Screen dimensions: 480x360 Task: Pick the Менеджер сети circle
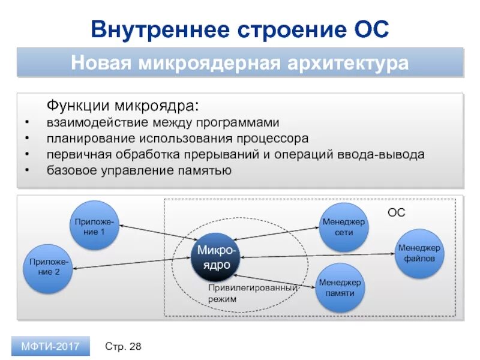click(344, 227)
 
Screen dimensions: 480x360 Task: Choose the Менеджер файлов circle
click(419, 253)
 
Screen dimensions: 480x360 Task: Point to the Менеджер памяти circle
click(340, 287)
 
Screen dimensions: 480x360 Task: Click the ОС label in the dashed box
click(396, 212)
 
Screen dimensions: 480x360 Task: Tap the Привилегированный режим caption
click(252, 293)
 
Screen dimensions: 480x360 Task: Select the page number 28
click(135, 346)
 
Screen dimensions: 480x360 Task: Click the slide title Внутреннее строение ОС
click(240, 29)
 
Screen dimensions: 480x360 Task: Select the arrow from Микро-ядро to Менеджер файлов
click(318, 256)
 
